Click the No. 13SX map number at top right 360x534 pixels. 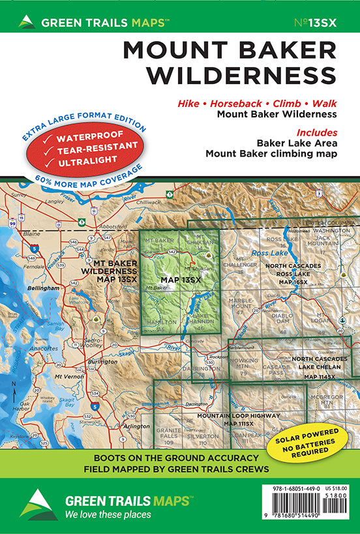(x=316, y=23)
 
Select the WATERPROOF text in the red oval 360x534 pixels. (x=92, y=138)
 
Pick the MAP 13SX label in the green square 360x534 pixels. (x=181, y=280)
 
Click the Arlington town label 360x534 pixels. (x=136, y=426)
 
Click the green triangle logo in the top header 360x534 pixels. (x=27, y=22)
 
